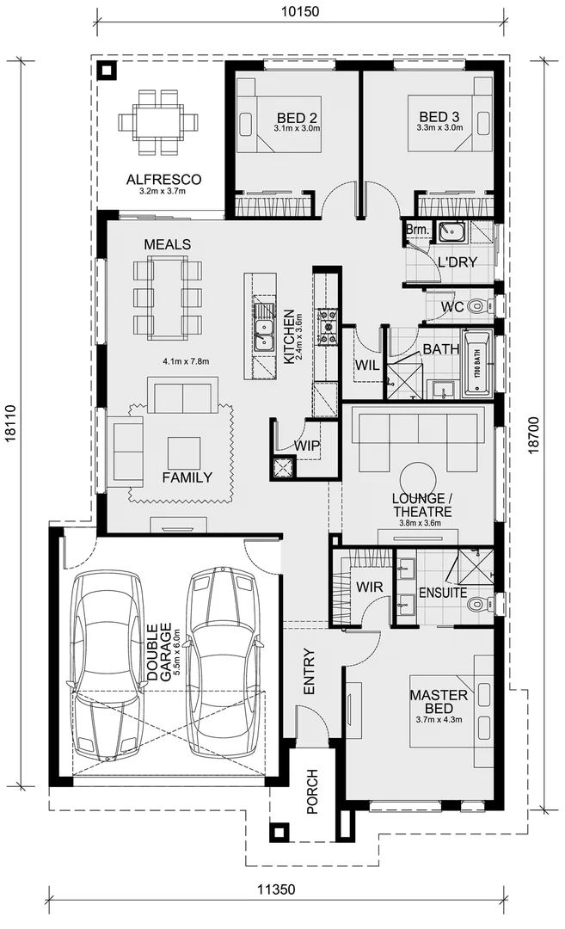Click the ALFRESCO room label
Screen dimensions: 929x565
click(x=163, y=180)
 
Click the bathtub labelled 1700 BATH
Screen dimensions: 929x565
click(x=478, y=365)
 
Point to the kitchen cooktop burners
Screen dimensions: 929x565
click(x=329, y=328)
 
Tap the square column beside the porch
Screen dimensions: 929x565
click(x=279, y=832)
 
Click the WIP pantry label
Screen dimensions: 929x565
click(x=307, y=446)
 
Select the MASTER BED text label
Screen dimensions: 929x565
click(x=439, y=701)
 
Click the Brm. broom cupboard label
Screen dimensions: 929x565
click(x=418, y=230)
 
